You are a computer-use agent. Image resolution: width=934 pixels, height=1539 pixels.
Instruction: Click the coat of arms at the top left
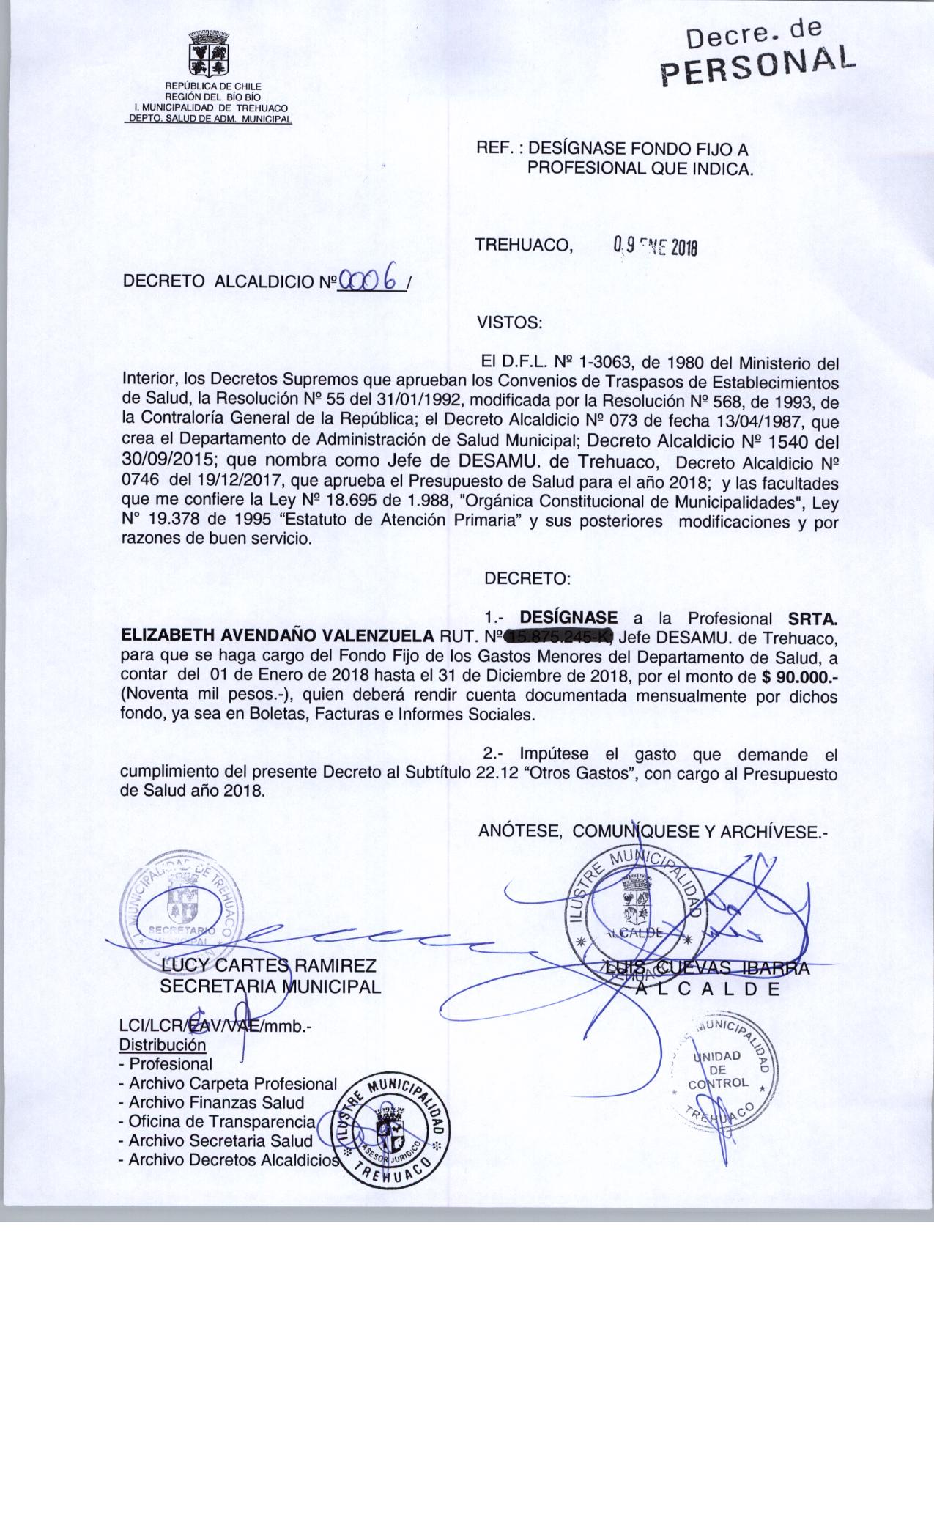[x=208, y=55]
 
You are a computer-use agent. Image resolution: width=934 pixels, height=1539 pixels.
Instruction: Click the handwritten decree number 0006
[x=371, y=278]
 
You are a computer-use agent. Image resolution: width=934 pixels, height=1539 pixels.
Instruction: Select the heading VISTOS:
[x=509, y=322]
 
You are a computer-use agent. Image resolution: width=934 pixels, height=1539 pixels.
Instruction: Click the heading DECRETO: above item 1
[x=527, y=578]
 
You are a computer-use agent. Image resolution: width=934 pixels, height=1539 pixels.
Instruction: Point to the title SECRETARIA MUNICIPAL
[x=270, y=986]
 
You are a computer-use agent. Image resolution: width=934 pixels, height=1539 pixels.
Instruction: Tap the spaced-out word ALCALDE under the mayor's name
[x=708, y=988]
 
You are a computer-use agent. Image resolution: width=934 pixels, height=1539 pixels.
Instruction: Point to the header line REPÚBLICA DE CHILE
[x=208, y=86]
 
